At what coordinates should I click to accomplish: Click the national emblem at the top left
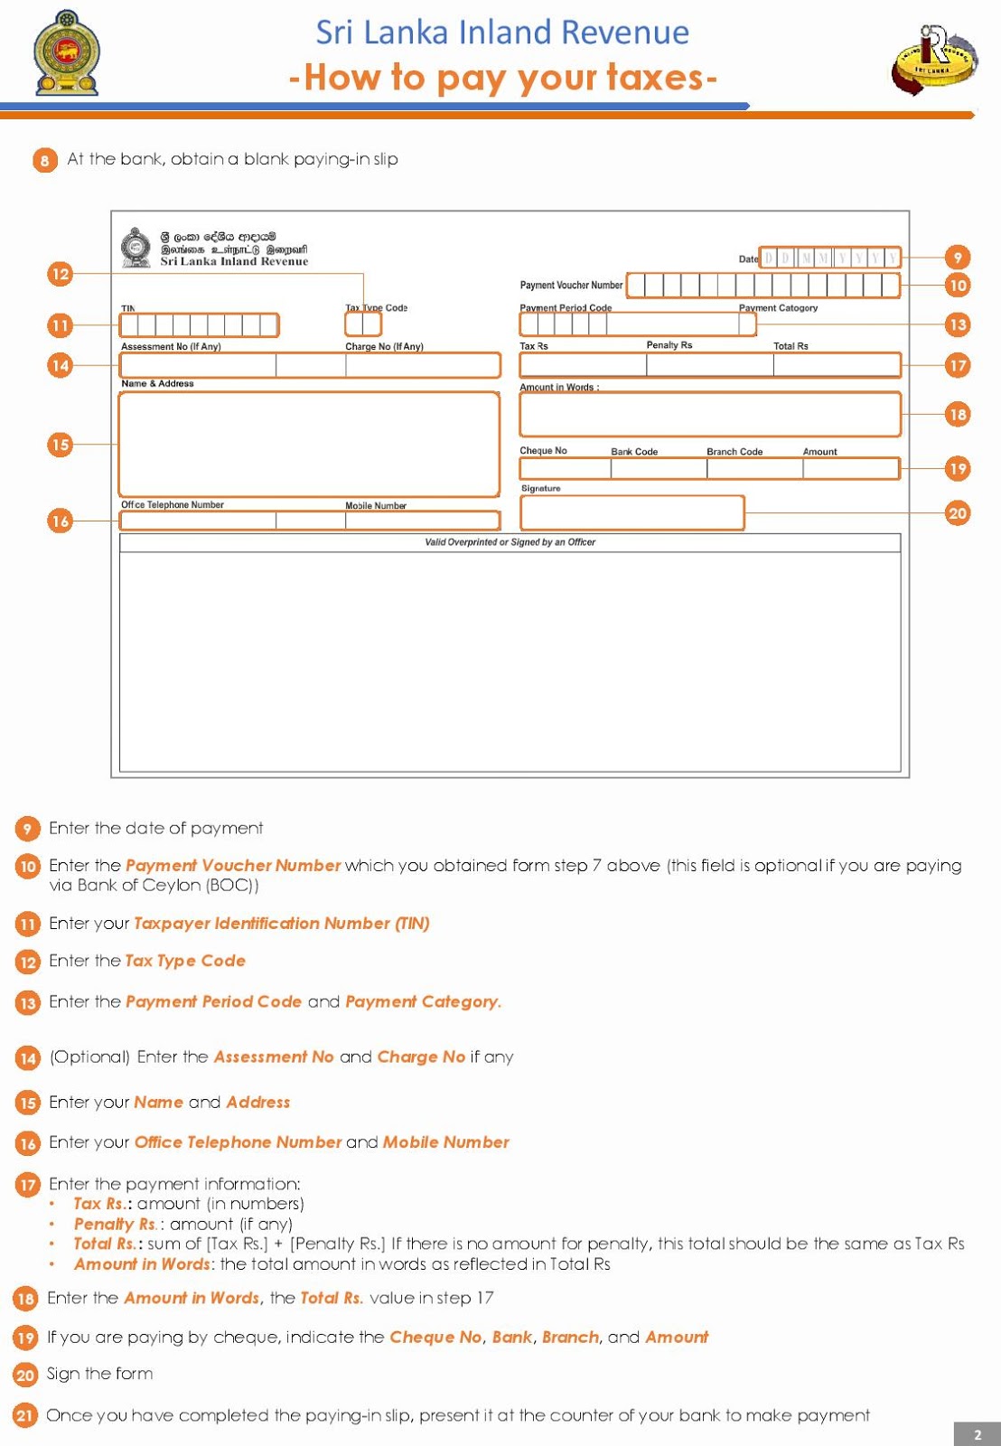coord(67,53)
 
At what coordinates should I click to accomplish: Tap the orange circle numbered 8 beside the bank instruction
coord(44,160)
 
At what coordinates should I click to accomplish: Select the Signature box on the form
coord(631,512)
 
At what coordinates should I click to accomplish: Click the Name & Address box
coord(309,444)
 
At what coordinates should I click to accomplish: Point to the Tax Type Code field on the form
coord(363,324)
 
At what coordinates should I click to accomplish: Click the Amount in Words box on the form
coord(709,414)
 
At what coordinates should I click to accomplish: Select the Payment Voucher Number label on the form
coord(571,286)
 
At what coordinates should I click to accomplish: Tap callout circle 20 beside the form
coord(957,513)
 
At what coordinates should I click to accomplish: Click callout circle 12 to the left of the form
coord(60,274)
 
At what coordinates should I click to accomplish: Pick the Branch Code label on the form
coord(734,452)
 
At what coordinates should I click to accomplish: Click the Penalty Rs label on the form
coord(669,345)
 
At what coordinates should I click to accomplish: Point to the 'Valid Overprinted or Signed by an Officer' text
coord(510,542)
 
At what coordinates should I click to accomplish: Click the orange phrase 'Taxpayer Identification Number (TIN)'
coord(282,924)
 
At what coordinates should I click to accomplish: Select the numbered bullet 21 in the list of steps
coord(25,1415)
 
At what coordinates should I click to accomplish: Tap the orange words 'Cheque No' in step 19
coord(435,1338)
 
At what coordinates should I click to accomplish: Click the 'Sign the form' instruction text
coord(100,1374)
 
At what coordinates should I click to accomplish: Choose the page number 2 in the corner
coord(977,1434)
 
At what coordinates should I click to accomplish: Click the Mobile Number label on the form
coord(376,506)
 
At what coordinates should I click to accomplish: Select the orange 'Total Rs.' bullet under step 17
coord(104,1244)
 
